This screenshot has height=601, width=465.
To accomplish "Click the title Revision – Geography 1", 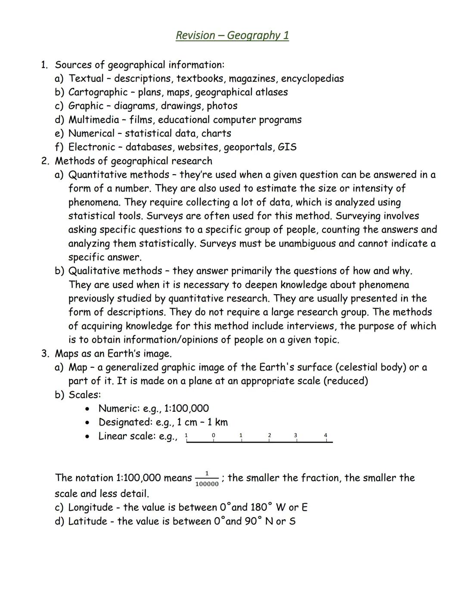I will coord(232,35).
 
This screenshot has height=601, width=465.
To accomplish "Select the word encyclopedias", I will coord(312,79).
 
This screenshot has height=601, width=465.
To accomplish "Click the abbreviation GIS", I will coord(287,148).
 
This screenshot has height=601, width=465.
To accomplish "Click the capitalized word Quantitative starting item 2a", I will coord(97,175).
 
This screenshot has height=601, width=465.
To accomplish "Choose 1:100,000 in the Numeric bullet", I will coord(186,409).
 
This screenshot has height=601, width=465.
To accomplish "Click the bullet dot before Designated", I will coord(88,422).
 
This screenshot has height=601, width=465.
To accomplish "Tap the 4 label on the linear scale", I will coord(325,435).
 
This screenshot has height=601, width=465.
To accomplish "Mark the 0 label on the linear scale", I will coord(214,435).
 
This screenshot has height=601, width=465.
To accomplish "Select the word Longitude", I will coord(90,508).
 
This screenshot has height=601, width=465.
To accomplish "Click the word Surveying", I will coord(357,216).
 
